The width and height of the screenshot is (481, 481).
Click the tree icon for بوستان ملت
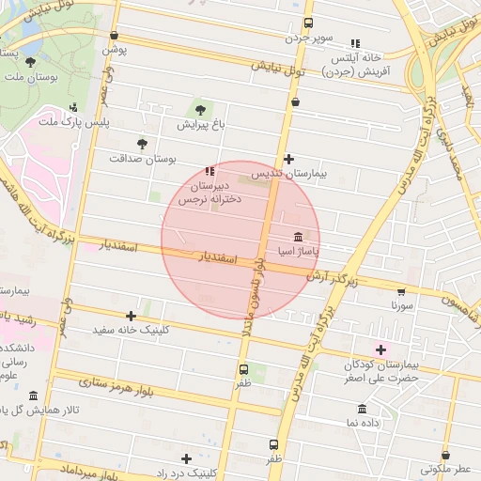pyautogui.click(x=31, y=62)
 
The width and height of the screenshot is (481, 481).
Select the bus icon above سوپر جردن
pyautogui.click(x=308, y=24)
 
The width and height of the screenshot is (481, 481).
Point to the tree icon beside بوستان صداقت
pyautogui.click(x=142, y=144)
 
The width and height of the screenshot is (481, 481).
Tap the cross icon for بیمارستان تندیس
pyautogui.click(x=288, y=160)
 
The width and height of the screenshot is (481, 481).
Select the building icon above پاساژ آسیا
pyautogui.click(x=298, y=236)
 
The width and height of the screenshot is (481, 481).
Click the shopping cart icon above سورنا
pyautogui.click(x=402, y=291)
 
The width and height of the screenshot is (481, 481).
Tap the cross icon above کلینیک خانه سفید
pyautogui.click(x=131, y=316)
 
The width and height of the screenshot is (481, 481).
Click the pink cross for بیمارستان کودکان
pyautogui.click(x=380, y=349)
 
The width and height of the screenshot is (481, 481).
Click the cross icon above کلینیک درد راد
pyautogui.click(x=187, y=458)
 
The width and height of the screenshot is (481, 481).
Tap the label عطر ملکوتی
pyautogui.click(x=447, y=468)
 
